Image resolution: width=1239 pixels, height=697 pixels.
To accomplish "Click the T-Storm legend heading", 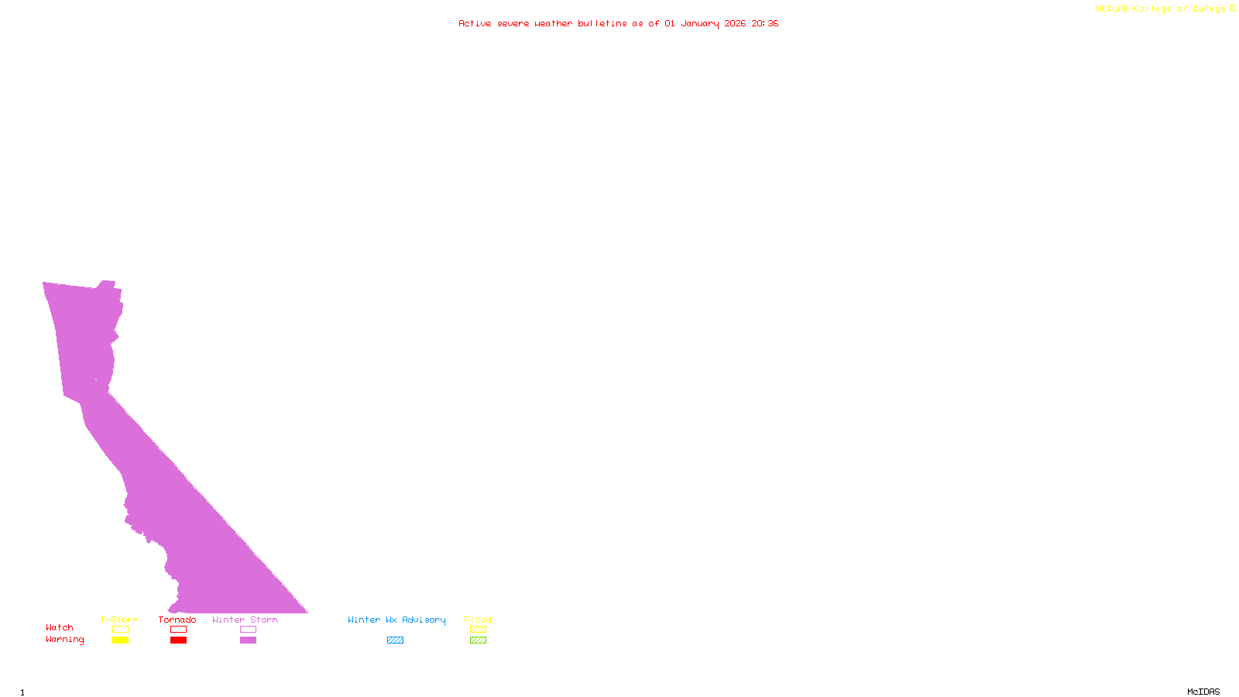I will [x=119, y=620].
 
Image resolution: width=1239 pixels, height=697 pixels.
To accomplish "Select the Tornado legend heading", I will [x=177, y=620].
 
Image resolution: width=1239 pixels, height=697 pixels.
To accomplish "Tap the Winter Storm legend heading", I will [x=245, y=620].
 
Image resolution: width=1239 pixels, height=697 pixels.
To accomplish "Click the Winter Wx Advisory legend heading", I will [x=396, y=620].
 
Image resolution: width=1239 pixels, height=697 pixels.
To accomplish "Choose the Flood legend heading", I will [x=478, y=620].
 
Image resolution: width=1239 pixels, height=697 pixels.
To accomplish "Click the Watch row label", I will [x=60, y=627].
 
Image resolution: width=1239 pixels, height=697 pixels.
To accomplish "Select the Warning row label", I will [x=65, y=640].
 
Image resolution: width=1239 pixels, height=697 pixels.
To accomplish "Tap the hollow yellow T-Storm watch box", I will [x=120, y=630].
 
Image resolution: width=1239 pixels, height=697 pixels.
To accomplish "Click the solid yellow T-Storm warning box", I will [x=120, y=640].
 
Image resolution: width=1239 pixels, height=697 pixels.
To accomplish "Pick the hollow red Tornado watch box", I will [x=179, y=630].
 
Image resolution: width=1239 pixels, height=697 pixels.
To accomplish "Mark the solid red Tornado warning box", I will [x=179, y=640].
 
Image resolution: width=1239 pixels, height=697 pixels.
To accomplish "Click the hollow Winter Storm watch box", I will [x=248, y=630].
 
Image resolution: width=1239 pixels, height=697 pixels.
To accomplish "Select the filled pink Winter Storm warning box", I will [x=248, y=640].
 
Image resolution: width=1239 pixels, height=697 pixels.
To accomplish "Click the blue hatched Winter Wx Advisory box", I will [x=395, y=640].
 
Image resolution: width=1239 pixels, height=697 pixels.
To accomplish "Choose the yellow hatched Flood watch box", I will [x=478, y=630].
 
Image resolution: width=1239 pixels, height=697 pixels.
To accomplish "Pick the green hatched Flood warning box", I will [x=478, y=640].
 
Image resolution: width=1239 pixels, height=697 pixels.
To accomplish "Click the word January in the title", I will [x=700, y=23].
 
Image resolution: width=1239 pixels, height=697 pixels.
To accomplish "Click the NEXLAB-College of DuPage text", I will [x=1161, y=9].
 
